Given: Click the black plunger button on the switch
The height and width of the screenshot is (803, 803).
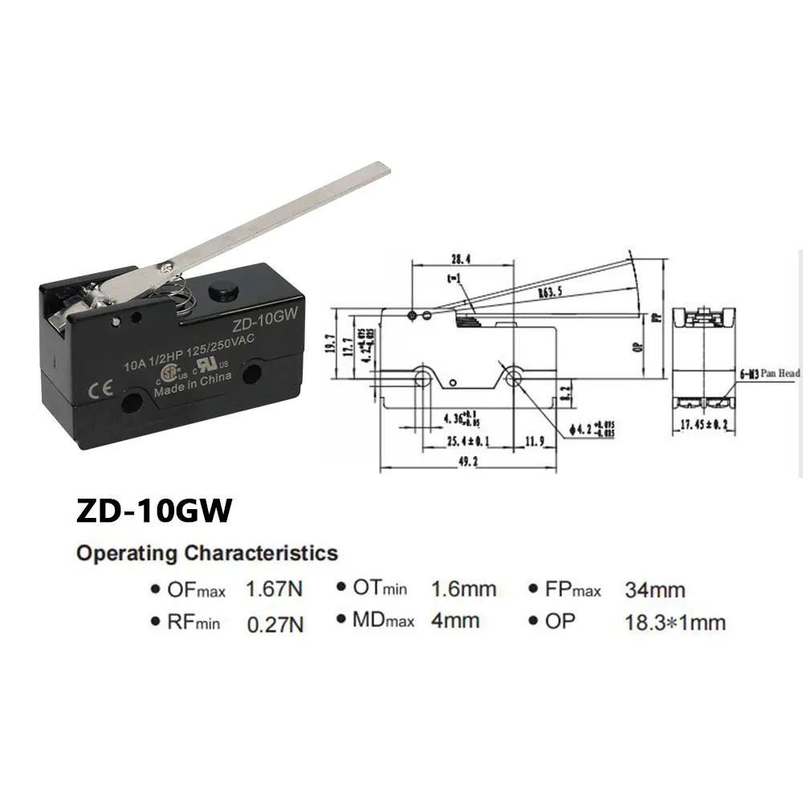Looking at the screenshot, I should [x=216, y=291].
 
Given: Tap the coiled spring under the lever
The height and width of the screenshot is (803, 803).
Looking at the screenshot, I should [x=184, y=299].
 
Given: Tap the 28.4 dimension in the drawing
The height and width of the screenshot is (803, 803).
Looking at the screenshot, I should [x=459, y=259].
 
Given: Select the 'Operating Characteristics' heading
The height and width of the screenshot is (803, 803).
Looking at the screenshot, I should [x=206, y=552].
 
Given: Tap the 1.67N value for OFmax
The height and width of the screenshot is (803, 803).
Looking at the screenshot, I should [x=275, y=590].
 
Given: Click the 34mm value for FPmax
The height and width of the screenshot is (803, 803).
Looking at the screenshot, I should [x=654, y=590].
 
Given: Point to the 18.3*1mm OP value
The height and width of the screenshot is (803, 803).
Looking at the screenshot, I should [x=675, y=622].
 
